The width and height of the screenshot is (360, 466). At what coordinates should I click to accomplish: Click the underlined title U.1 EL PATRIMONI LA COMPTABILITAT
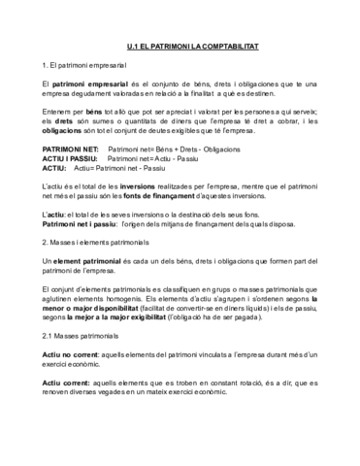click(180, 47)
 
